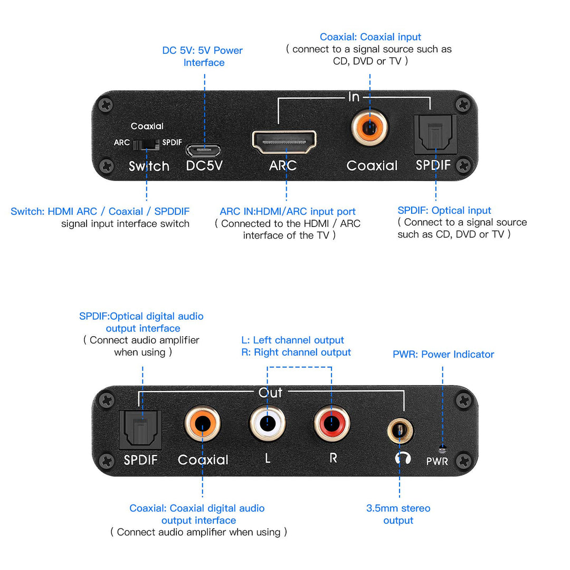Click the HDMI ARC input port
(x=284, y=141)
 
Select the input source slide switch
(x=146, y=143)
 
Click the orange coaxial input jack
(x=370, y=127)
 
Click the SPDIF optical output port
(x=140, y=429)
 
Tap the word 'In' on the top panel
(x=354, y=97)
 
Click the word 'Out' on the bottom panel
(x=270, y=393)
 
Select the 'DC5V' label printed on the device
(x=204, y=166)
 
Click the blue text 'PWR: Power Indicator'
(x=443, y=354)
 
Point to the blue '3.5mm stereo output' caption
(x=398, y=514)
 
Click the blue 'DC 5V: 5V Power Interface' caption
(x=203, y=56)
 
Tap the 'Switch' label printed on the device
(x=149, y=166)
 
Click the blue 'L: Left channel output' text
(x=292, y=340)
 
